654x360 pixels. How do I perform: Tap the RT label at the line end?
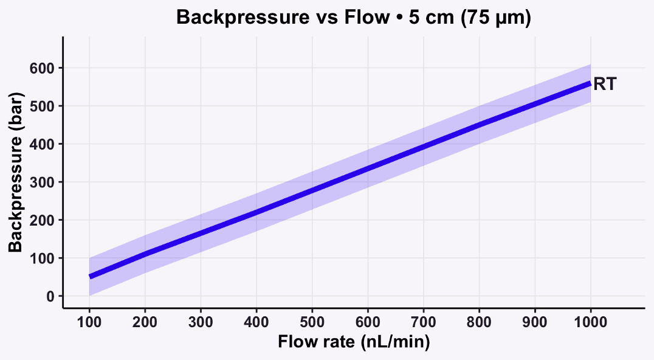[605, 84]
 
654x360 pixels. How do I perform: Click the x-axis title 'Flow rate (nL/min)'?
[354, 342]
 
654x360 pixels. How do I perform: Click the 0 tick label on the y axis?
[50, 296]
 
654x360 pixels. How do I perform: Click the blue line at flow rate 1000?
[590, 83]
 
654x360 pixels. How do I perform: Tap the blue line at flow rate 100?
[90, 277]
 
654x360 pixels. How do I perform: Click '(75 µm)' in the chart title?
[496, 18]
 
